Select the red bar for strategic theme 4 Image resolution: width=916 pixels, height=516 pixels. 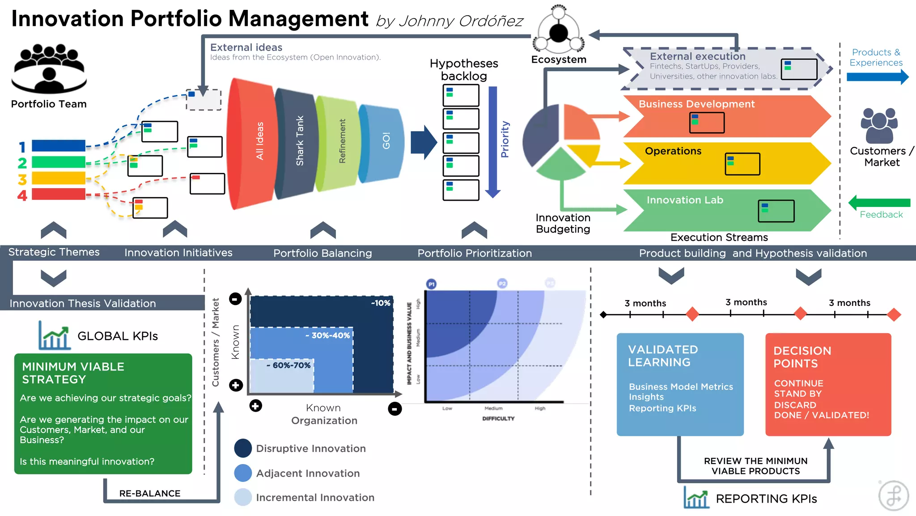coord(58,194)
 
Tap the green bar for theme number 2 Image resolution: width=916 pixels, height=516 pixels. coord(58,162)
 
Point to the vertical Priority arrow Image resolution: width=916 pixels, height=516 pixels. coord(493,141)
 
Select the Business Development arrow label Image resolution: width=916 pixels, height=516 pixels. coord(696,104)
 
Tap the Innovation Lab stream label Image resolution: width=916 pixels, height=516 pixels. coord(684,200)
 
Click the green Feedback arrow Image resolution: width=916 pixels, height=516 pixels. coord(879,203)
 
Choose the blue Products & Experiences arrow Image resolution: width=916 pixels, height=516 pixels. coord(877,77)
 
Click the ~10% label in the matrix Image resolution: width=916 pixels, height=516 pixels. coord(381,303)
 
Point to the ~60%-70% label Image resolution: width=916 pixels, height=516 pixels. coord(288,365)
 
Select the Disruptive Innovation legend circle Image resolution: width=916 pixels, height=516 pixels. coord(243,448)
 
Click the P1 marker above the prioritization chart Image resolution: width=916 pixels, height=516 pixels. coord(431,284)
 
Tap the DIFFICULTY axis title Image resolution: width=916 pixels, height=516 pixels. coord(498,418)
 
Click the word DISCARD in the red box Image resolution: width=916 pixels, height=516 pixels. coord(795,405)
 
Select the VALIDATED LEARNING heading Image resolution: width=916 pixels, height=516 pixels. coord(662,356)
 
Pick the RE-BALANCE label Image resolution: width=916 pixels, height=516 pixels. coord(150,493)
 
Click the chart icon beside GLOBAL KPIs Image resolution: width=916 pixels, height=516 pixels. coord(54,335)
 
